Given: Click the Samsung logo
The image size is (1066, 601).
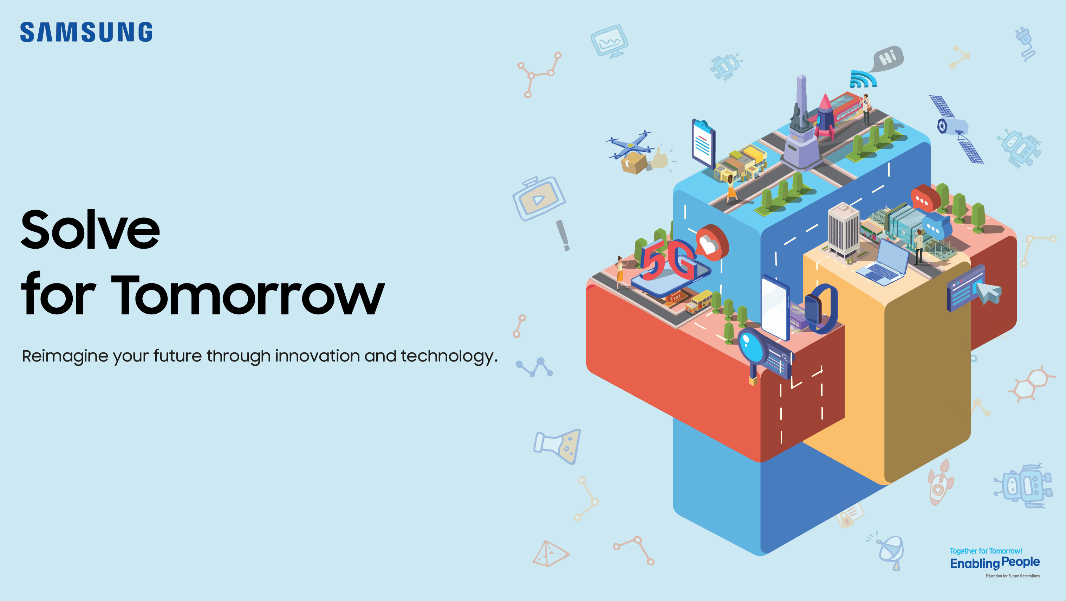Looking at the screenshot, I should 86,32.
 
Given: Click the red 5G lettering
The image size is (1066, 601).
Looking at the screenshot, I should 667,260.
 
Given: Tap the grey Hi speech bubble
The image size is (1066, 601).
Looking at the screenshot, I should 889,58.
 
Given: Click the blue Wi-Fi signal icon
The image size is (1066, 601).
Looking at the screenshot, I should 862,79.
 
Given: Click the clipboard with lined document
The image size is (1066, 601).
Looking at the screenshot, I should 703,143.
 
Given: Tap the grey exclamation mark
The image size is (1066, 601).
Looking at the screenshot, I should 563,235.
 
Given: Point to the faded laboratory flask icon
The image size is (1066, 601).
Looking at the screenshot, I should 559,446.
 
